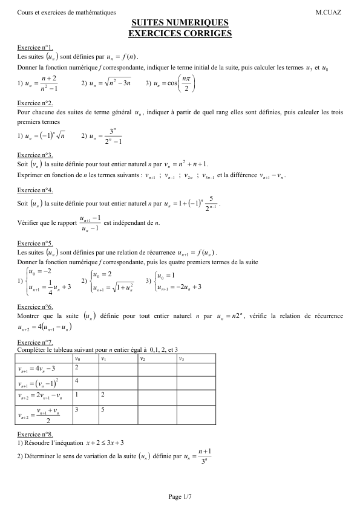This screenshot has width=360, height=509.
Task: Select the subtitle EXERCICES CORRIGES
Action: pyautogui.click(x=180, y=34)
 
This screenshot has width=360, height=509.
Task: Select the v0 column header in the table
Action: pyautogui.click(x=77, y=359)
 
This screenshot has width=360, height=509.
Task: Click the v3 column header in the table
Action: pyautogui.click(x=181, y=359)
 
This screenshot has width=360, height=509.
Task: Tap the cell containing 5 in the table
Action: pyautogui.click(x=103, y=410)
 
